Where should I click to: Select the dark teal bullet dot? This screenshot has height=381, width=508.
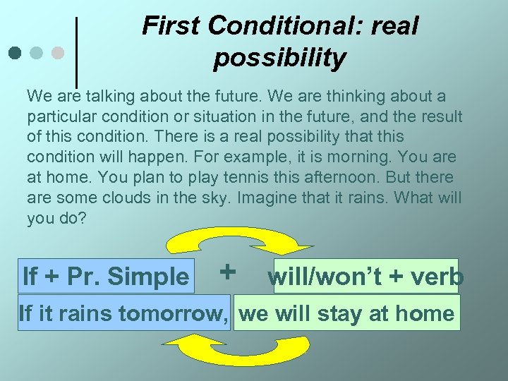click(x=16, y=52)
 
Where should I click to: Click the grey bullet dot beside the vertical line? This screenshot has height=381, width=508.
click(x=59, y=52)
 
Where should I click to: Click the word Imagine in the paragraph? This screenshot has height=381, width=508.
click(x=264, y=198)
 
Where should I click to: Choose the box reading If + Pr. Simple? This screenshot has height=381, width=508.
click(x=106, y=276)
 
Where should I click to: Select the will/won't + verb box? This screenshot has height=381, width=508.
click(x=365, y=277)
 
